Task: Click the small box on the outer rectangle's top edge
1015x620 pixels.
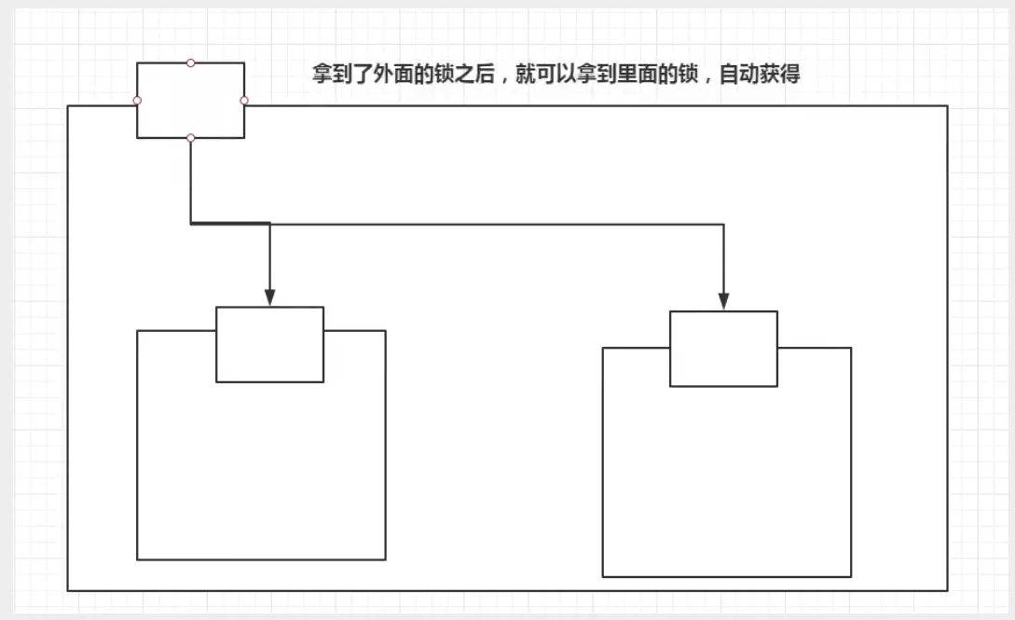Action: tap(190, 101)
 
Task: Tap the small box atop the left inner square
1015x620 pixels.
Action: tap(269, 344)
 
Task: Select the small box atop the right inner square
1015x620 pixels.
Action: tap(723, 349)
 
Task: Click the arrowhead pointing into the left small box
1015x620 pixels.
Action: tap(269, 297)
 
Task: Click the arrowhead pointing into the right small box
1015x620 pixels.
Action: tap(723, 301)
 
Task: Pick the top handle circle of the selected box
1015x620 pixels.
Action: tap(190, 62)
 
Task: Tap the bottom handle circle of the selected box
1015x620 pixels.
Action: tap(190, 138)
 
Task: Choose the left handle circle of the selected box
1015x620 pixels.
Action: tap(137, 100)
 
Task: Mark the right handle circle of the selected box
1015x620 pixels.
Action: tap(244, 100)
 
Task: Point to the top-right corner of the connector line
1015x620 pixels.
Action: tap(723, 224)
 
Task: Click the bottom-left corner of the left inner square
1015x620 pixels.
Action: tap(137, 559)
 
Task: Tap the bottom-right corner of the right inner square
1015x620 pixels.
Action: tap(851, 576)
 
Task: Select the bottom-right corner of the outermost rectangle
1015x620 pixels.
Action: tap(947, 590)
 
